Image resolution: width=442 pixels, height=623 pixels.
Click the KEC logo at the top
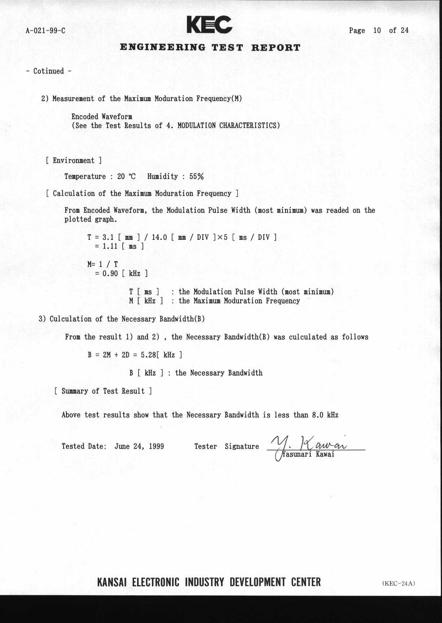click(x=209, y=25)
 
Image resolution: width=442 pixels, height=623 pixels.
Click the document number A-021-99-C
click(x=45, y=31)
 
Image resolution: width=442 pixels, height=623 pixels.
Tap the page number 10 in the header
click(x=377, y=31)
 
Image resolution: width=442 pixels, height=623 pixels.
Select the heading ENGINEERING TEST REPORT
click(x=210, y=48)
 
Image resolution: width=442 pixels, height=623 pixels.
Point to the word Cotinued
click(x=48, y=71)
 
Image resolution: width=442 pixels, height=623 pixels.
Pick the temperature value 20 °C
click(x=126, y=177)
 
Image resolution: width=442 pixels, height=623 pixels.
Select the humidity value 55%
click(x=196, y=177)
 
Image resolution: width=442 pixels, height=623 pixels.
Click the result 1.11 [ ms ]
click(x=119, y=246)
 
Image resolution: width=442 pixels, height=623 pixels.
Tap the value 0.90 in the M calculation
click(x=110, y=273)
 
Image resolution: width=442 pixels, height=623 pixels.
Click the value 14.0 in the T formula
click(x=159, y=237)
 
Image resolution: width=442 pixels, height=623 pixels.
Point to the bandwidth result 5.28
click(x=148, y=355)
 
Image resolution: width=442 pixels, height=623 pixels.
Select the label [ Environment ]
click(x=74, y=161)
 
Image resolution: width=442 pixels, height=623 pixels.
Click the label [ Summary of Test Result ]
click(x=103, y=391)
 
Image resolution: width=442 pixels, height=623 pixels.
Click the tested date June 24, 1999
click(x=139, y=446)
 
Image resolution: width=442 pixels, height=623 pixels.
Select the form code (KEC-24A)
click(x=399, y=583)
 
